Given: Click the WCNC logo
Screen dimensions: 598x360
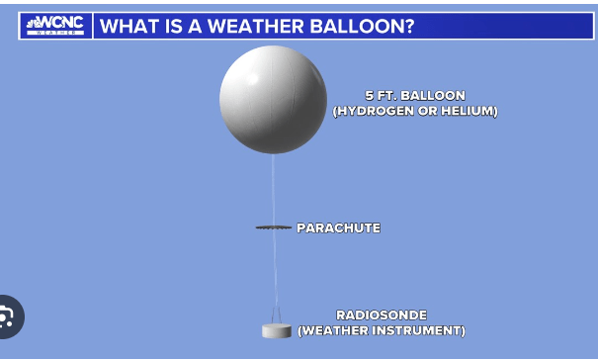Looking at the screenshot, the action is (55, 26).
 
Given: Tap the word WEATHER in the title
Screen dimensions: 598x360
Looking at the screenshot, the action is (256, 26).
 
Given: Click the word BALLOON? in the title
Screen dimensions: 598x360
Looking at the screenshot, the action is (362, 26).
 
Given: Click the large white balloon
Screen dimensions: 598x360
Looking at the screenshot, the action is (273, 100).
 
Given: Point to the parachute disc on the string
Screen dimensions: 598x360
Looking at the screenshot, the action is (274, 227).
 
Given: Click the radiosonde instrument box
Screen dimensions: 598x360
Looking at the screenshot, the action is (277, 330).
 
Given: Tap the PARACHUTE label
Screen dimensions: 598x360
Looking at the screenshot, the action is (339, 227).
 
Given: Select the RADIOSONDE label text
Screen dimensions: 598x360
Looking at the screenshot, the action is (382, 315).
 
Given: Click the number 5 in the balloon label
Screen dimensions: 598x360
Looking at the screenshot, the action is (369, 95).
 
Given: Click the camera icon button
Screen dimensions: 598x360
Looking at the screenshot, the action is (8, 316).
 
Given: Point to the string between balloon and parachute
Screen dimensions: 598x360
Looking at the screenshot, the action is (273, 190).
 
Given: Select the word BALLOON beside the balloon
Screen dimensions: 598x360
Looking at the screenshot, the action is (433, 95).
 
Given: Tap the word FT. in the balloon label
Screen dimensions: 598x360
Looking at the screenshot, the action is (386, 95).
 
